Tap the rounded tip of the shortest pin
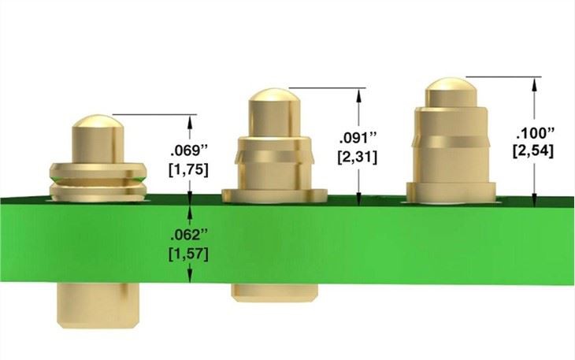tap(98, 123)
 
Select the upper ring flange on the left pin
tap(98, 168)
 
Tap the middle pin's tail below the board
tap(274, 292)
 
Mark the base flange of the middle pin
tap(274, 195)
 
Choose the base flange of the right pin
tap(451, 189)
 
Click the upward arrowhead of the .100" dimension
tap(535, 83)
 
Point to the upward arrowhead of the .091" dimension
tap(360, 94)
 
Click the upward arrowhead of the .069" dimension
tap(190, 121)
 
